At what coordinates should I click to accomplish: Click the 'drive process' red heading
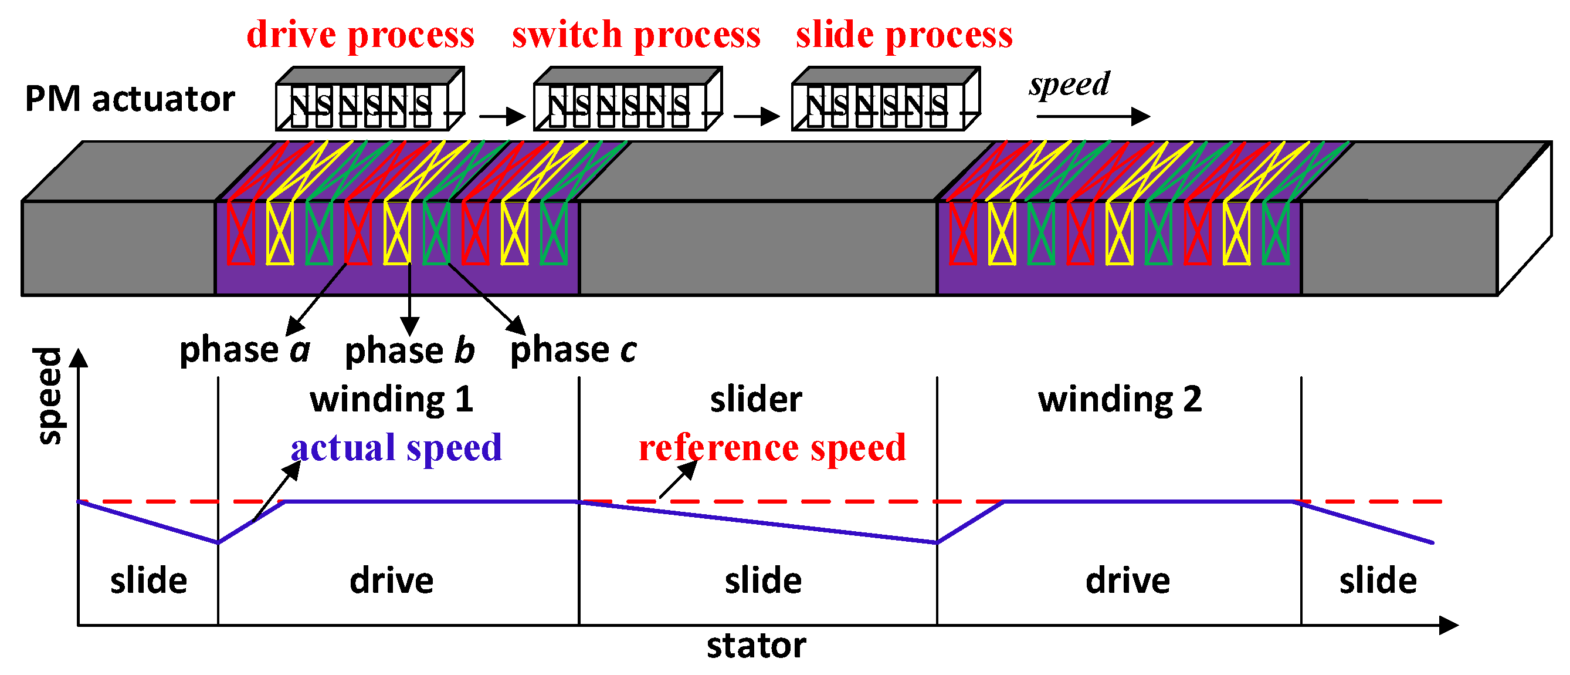tap(360, 34)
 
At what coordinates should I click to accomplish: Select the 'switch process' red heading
tap(636, 34)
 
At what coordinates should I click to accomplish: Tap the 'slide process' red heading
tap(904, 34)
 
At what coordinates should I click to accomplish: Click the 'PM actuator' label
tap(129, 99)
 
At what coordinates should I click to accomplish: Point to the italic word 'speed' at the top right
tap(1069, 83)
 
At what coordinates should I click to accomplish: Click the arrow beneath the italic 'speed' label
tap(1092, 116)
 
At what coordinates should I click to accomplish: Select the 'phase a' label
tap(245, 350)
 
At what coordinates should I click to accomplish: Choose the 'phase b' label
tap(409, 350)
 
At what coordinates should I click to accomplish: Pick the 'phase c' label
tap(573, 350)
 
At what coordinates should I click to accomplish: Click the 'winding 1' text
tap(391, 399)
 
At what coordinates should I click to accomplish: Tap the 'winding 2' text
tap(1120, 399)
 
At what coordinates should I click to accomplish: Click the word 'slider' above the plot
tap(756, 399)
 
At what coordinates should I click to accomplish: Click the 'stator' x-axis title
tap(756, 645)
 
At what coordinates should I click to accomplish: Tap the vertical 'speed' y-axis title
tap(49, 396)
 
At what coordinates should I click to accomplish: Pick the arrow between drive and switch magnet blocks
tap(501, 116)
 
